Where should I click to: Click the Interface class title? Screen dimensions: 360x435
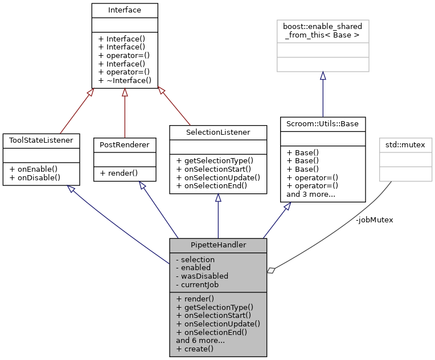(x=124, y=10)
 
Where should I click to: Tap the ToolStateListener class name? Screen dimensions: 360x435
(x=41, y=140)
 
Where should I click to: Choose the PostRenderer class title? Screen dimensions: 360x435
(x=124, y=144)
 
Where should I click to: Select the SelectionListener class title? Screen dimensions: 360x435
(x=218, y=132)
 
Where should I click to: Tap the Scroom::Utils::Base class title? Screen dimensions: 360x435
(x=323, y=123)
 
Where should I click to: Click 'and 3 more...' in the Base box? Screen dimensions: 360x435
(x=310, y=194)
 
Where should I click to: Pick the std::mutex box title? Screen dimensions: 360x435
(x=406, y=144)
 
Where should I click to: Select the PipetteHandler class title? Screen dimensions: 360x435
(x=218, y=245)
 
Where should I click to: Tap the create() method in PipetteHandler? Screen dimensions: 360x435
(x=195, y=349)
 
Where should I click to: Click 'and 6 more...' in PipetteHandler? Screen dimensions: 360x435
(x=200, y=340)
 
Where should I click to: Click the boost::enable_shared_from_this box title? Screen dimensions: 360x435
(x=323, y=31)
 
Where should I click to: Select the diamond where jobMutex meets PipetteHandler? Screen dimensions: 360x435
(x=271, y=271)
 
